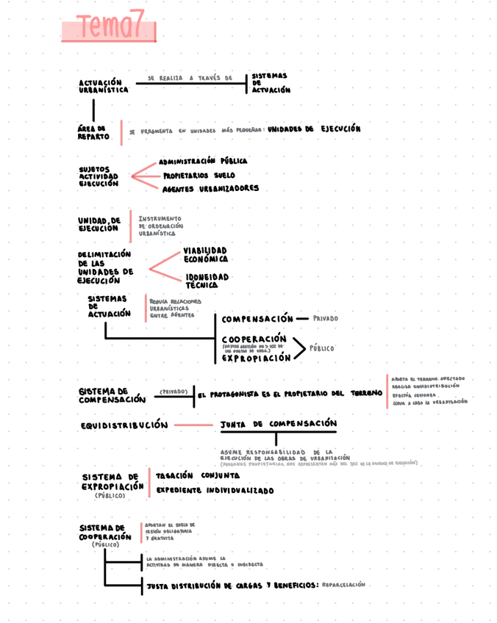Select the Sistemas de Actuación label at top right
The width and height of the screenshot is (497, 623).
(271, 83)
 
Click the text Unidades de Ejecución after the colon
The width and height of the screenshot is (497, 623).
(314, 129)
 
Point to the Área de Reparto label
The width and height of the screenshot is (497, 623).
(93, 132)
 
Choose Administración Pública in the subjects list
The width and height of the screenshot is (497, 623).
(203, 161)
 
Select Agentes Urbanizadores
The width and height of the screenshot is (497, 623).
(210, 189)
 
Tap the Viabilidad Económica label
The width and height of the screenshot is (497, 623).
(205, 255)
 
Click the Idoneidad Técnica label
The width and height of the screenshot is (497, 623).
(207, 281)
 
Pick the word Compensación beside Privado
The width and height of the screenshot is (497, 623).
(257, 320)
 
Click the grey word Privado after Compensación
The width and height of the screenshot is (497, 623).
(326, 320)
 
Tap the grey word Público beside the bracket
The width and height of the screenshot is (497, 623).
(321, 348)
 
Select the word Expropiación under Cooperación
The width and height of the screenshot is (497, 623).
(256, 359)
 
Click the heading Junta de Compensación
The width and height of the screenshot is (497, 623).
(279, 424)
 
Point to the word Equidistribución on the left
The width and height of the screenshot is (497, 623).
(124, 425)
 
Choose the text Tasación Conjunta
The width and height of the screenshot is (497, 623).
(197, 475)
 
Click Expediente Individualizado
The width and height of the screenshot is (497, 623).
(215, 490)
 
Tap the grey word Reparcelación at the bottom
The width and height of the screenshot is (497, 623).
(343, 585)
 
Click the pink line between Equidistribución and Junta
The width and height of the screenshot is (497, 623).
(193, 425)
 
